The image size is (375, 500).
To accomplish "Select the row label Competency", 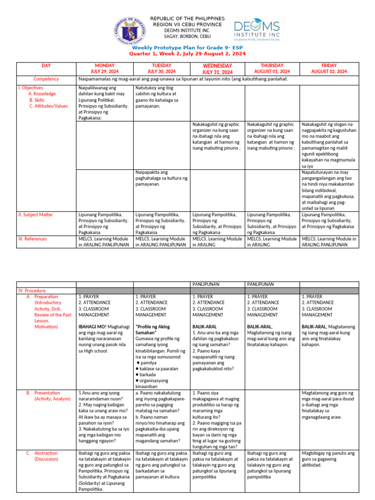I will coord(46,79).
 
